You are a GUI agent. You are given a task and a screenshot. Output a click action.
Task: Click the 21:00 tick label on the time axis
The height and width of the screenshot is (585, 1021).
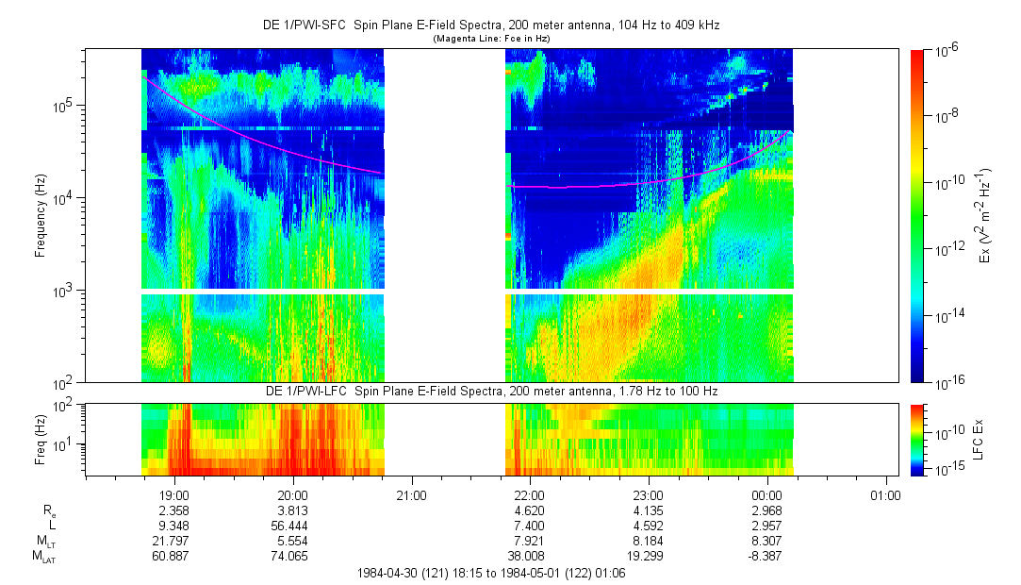[x=412, y=495]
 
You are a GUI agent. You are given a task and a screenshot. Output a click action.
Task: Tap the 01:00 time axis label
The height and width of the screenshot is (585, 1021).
[x=885, y=495]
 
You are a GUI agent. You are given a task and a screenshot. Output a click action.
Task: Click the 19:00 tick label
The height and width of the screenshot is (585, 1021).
[x=174, y=495]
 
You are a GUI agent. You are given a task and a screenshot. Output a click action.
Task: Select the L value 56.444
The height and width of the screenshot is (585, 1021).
[x=289, y=526]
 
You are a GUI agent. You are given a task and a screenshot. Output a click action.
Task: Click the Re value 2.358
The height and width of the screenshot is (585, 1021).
[x=173, y=510]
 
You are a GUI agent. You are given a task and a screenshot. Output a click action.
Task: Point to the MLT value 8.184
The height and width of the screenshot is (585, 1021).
[x=649, y=541]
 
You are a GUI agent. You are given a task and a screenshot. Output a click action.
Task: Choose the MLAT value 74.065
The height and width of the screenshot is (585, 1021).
[x=289, y=556]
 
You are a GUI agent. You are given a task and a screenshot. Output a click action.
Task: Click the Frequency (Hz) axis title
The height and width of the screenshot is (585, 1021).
[x=41, y=216]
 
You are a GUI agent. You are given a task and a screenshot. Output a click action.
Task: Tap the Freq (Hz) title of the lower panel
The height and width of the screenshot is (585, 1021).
[x=41, y=441]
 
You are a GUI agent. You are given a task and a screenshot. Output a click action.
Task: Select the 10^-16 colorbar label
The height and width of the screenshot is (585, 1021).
[x=948, y=384]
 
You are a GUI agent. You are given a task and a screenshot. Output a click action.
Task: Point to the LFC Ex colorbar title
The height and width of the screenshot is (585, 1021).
[x=978, y=439]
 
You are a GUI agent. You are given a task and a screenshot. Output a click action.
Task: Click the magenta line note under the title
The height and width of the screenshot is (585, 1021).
[x=491, y=39]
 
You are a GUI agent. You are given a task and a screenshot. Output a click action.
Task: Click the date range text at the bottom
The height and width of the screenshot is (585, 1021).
[x=491, y=574]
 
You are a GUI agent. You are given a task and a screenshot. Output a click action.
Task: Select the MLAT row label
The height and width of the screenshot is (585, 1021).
[x=45, y=557]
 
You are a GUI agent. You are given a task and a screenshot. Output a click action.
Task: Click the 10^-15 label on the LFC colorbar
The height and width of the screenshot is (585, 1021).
[x=948, y=470]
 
